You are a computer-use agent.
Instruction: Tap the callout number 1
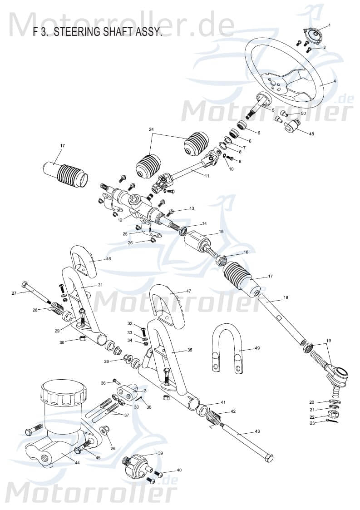330,25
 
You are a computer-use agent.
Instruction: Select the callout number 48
311,134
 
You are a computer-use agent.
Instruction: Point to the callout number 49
257,348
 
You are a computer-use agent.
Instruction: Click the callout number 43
257,431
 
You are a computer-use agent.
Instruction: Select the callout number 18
286,298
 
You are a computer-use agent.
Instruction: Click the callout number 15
221,232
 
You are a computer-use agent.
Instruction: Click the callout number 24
151,129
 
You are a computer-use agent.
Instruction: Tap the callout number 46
108,259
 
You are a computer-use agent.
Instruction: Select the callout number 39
160,453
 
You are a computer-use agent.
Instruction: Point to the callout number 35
177,350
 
